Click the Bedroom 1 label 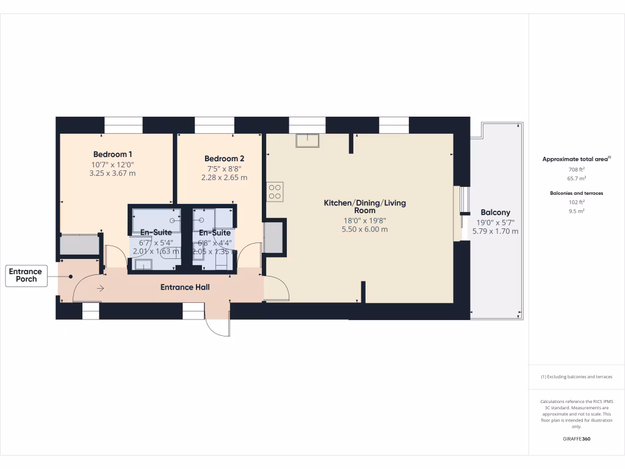tap(113, 154)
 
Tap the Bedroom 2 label tap(225, 159)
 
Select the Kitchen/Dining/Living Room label tap(364, 206)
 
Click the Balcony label tap(495, 213)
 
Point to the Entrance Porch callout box tap(26, 275)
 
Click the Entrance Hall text tap(185, 287)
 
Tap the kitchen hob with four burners tap(275, 192)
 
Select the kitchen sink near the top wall tap(307, 141)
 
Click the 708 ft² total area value tap(577, 169)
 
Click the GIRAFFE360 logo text tap(577, 439)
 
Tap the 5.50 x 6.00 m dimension tap(364, 230)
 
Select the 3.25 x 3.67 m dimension tap(113, 173)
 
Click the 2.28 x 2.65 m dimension tap(225, 178)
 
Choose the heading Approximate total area tap(576, 159)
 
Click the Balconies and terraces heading tap(577, 193)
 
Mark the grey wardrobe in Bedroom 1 tap(79, 245)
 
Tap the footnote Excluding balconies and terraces tap(577, 377)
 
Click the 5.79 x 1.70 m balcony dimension tap(495, 231)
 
